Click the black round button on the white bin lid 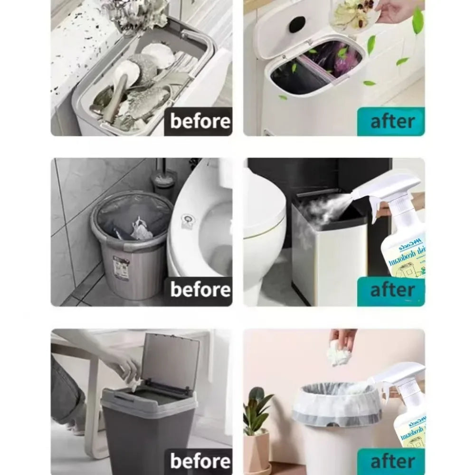[297, 24]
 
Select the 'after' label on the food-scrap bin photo [391, 121]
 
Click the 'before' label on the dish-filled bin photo [200, 121]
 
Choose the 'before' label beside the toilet [200, 289]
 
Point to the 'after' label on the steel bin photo [391, 289]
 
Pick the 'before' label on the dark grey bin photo [200, 461]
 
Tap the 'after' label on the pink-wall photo [391, 461]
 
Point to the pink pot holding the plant [257, 451]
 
